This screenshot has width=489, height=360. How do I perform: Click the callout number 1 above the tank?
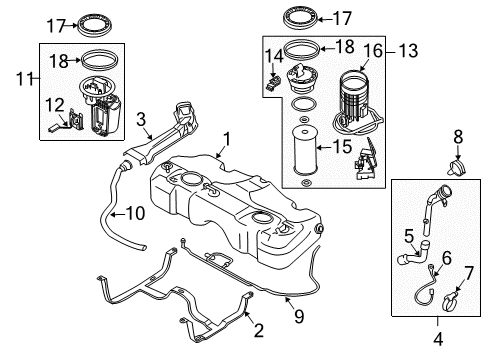pyautogui.click(x=228, y=139)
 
